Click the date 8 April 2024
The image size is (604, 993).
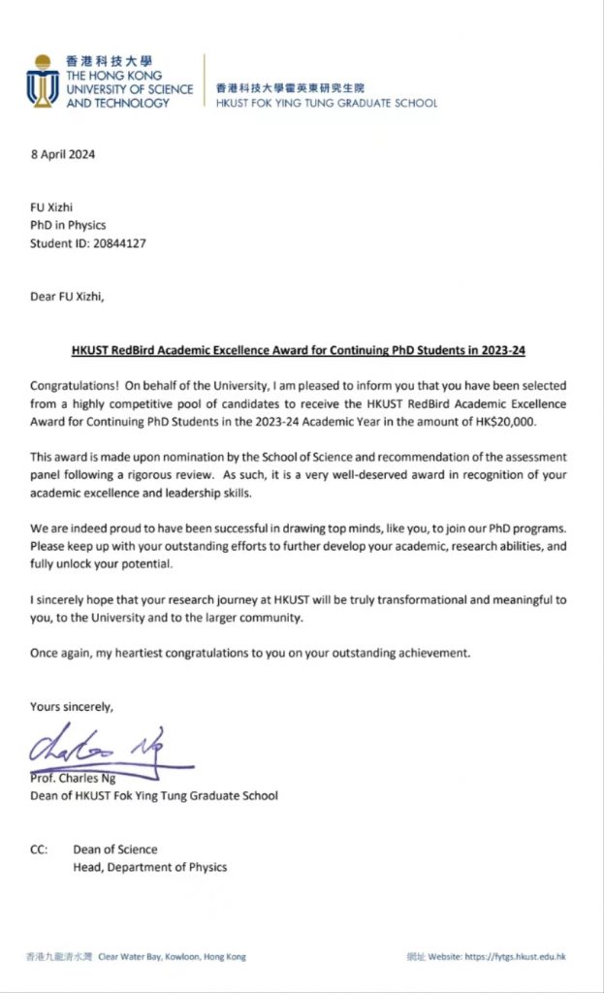[63, 154]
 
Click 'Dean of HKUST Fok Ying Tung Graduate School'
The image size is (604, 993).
[154, 795]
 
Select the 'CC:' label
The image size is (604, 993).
[40, 849]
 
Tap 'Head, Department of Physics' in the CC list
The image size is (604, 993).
[150, 867]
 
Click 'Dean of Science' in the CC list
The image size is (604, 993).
[115, 849]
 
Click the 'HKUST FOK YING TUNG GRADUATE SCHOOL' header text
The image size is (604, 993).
[326, 103]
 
